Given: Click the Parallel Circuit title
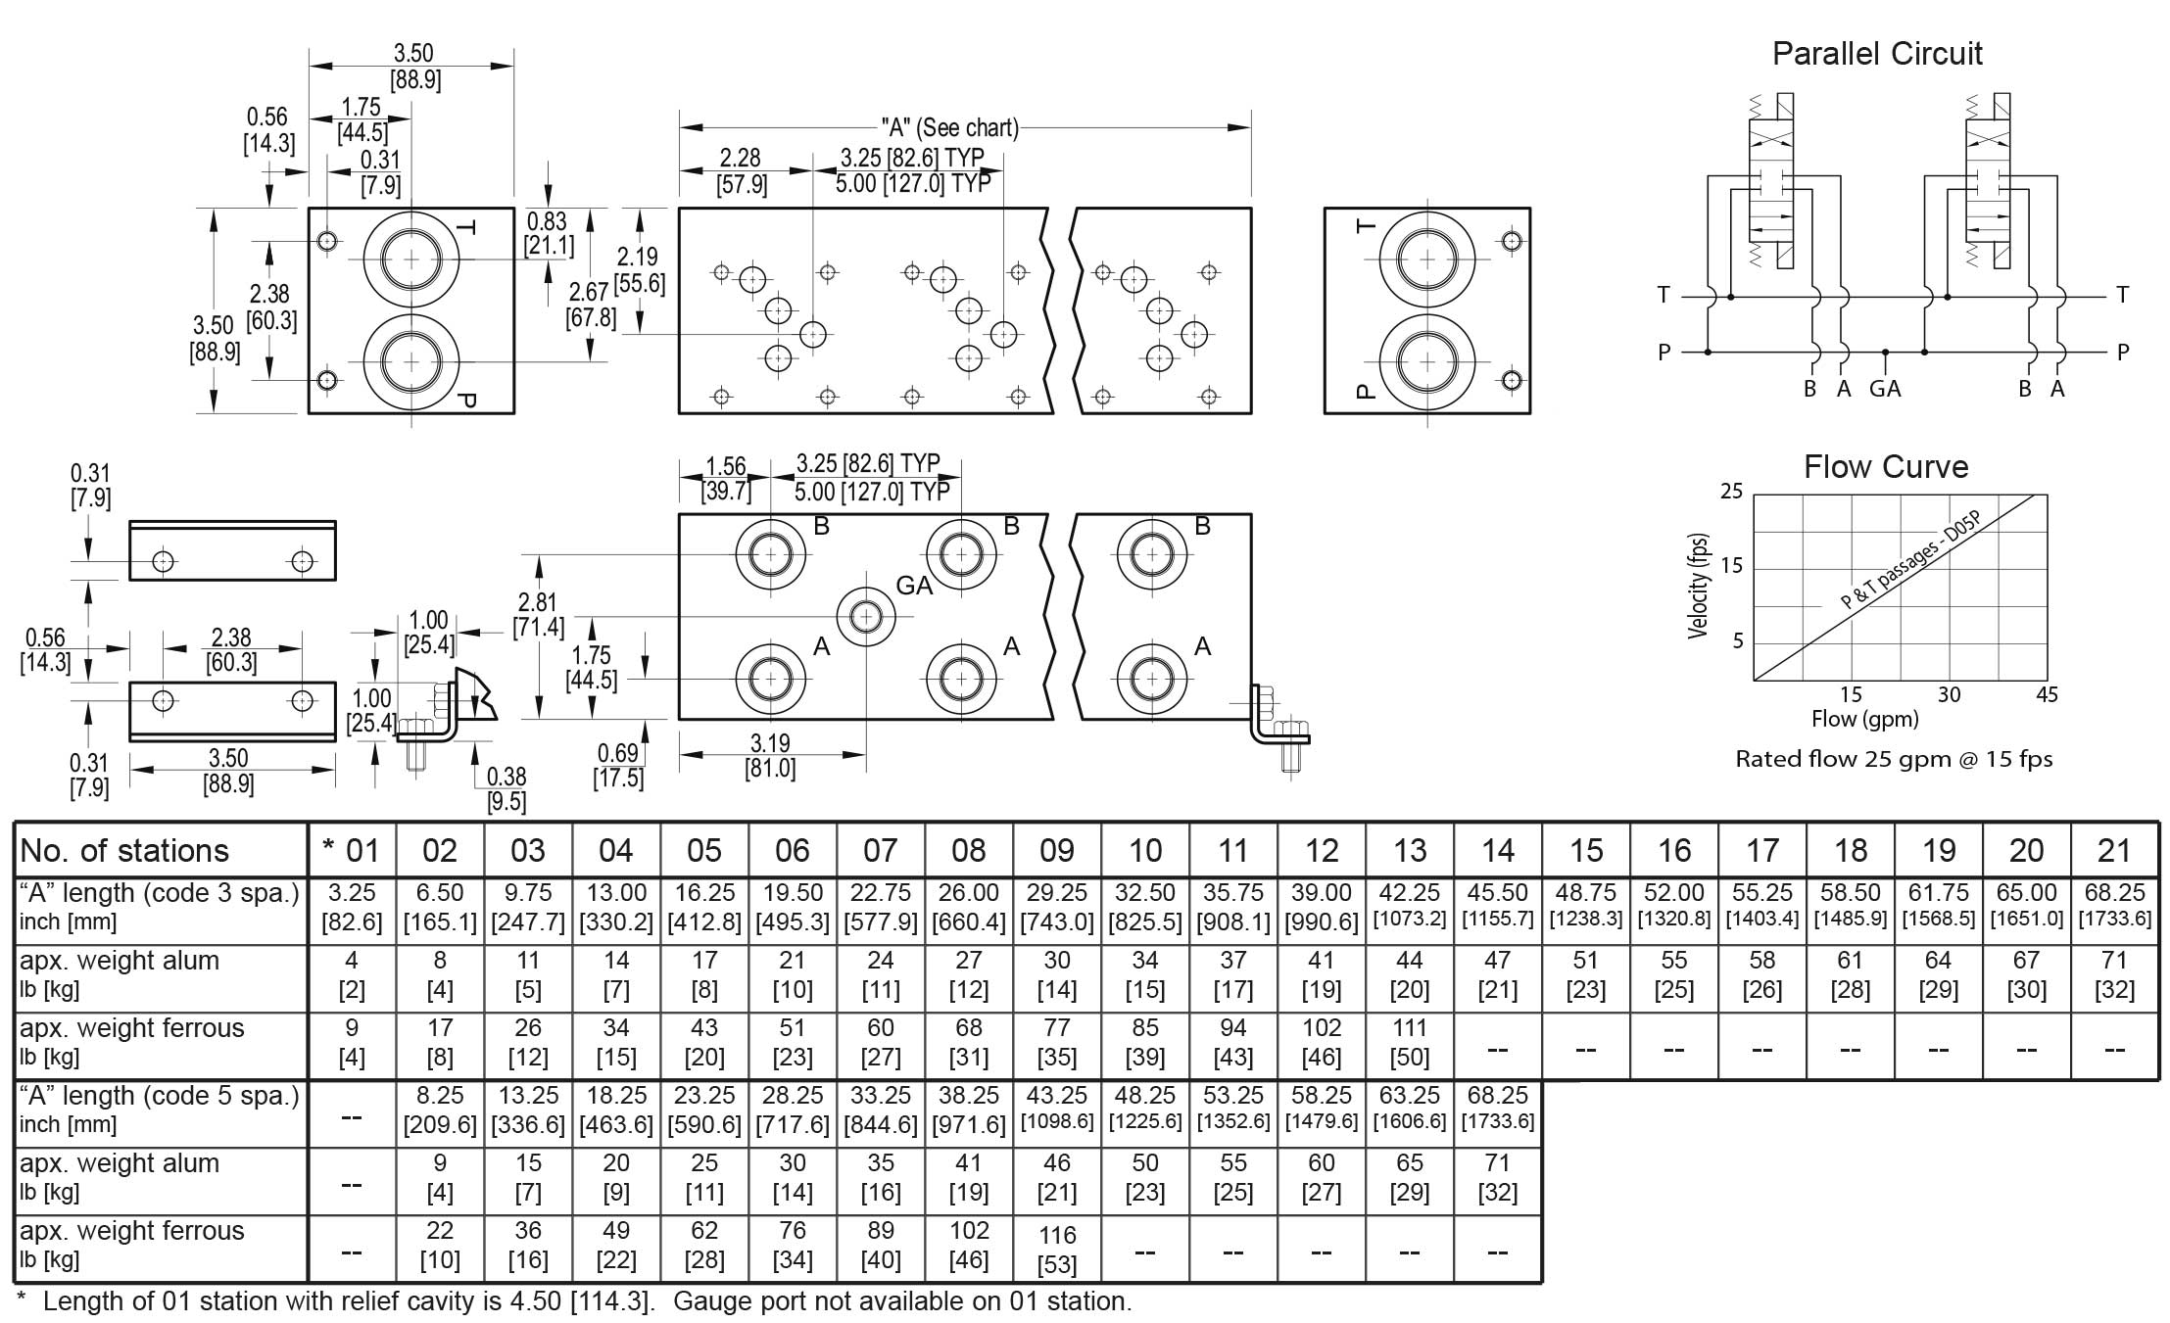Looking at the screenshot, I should [1876, 54].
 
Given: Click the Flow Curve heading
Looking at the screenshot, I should [1885, 467].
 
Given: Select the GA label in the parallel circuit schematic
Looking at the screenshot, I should [1884, 390].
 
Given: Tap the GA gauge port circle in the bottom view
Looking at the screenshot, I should [865, 616].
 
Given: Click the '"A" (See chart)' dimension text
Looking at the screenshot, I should [948, 128].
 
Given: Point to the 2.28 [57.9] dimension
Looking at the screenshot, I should [741, 171].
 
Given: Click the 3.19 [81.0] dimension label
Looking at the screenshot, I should [770, 756].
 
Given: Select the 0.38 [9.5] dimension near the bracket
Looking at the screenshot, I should [506, 789].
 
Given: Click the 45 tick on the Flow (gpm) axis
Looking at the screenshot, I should [2046, 695].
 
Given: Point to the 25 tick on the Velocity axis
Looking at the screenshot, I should [1731, 492].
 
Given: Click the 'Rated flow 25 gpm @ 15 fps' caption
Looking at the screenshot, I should [1893, 759].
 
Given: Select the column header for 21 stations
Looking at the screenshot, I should [2113, 850].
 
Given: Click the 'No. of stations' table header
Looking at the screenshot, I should [124, 850].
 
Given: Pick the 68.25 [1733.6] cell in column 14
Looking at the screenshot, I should [1497, 1108].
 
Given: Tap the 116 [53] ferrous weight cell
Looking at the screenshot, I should [1056, 1249].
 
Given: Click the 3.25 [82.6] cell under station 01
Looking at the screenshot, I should [351, 907].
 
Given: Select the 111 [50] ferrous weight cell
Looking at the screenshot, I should [1409, 1042].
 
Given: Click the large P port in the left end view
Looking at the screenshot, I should [411, 361].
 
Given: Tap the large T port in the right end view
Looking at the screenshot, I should [1426, 260].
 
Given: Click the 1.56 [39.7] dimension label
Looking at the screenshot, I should [726, 478].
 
